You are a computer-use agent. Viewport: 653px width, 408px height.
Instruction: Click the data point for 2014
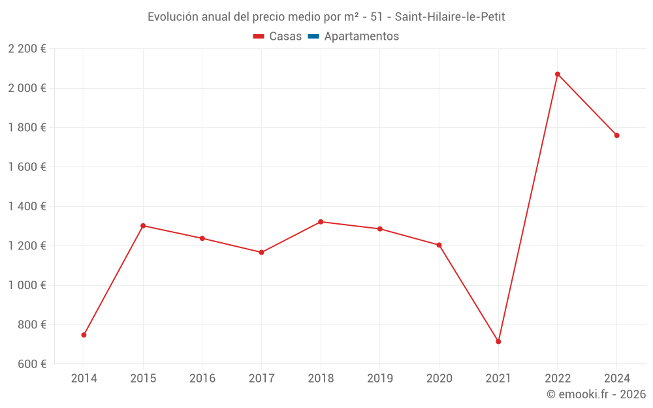84,335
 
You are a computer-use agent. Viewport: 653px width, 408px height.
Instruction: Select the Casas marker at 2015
143,226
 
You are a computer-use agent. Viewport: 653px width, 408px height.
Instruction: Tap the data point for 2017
261,252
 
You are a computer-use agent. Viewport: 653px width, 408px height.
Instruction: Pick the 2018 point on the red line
321,222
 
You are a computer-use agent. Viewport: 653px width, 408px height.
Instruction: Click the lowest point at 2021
498,341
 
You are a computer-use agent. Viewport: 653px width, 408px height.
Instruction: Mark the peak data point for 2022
558,74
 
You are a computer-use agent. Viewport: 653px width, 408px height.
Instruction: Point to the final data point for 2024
616,135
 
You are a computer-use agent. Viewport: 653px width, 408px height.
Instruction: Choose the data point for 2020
439,245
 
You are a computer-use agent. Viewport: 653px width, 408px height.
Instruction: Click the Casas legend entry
278,37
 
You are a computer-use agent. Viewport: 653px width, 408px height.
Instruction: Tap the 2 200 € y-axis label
27,49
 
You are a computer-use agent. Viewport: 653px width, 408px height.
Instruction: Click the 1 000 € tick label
27,285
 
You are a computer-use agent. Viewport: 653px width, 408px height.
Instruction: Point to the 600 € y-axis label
30,364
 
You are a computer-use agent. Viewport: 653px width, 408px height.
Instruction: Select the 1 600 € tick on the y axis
27,167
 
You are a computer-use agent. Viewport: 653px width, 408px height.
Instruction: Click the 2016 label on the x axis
202,379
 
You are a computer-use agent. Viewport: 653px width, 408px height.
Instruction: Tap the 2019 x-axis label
380,379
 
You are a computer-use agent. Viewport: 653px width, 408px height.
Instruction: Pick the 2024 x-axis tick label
616,379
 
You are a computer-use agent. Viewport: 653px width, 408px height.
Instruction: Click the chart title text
326,17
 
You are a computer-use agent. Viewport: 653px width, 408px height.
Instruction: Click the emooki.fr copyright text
596,394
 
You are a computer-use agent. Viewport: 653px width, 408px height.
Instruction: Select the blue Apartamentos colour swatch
313,37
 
